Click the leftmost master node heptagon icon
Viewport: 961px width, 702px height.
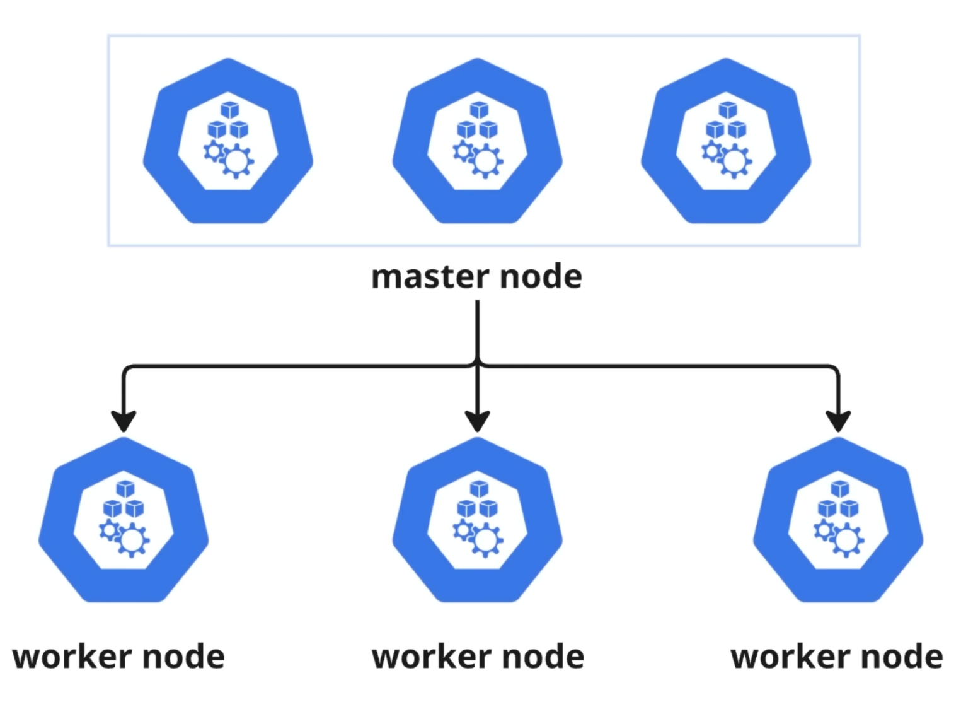click(x=228, y=142)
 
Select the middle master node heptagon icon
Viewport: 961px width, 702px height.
click(x=477, y=142)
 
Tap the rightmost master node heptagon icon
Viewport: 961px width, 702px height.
click(x=726, y=142)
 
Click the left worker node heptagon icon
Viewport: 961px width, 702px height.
click(x=124, y=521)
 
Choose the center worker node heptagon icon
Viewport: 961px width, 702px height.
click(x=477, y=521)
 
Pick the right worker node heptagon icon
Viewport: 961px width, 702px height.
click(x=838, y=521)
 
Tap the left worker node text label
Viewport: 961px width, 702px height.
click(x=118, y=657)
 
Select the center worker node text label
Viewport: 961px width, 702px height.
click(x=478, y=657)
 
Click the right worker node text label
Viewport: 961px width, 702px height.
click(x=837, y=657)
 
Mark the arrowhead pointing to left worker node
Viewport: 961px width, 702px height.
click(x=124, y=421)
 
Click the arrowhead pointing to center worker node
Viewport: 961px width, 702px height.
click(x=478, y=421)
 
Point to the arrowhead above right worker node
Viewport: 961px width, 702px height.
click(x=838, y=421)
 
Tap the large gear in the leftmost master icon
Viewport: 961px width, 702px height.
click(x=237, y=161)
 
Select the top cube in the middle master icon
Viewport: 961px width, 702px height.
click(x=480, y=110)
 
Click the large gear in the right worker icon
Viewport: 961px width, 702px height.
click(x=847, y=541)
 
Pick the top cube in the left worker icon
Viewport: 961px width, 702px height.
click(x=125, y=489)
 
